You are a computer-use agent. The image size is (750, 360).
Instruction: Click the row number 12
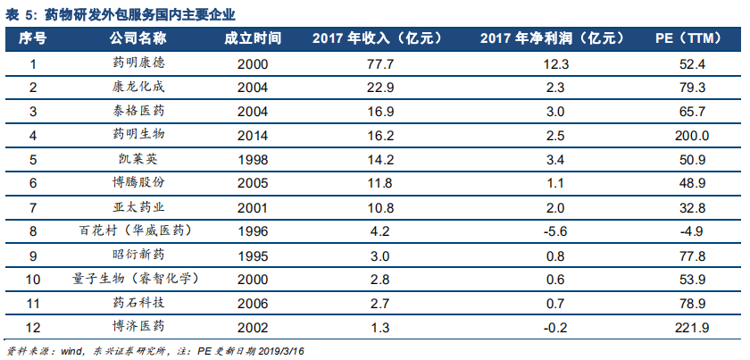click(x=33, y=327)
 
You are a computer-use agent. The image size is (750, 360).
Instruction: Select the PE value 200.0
click(x=693, y=136)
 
